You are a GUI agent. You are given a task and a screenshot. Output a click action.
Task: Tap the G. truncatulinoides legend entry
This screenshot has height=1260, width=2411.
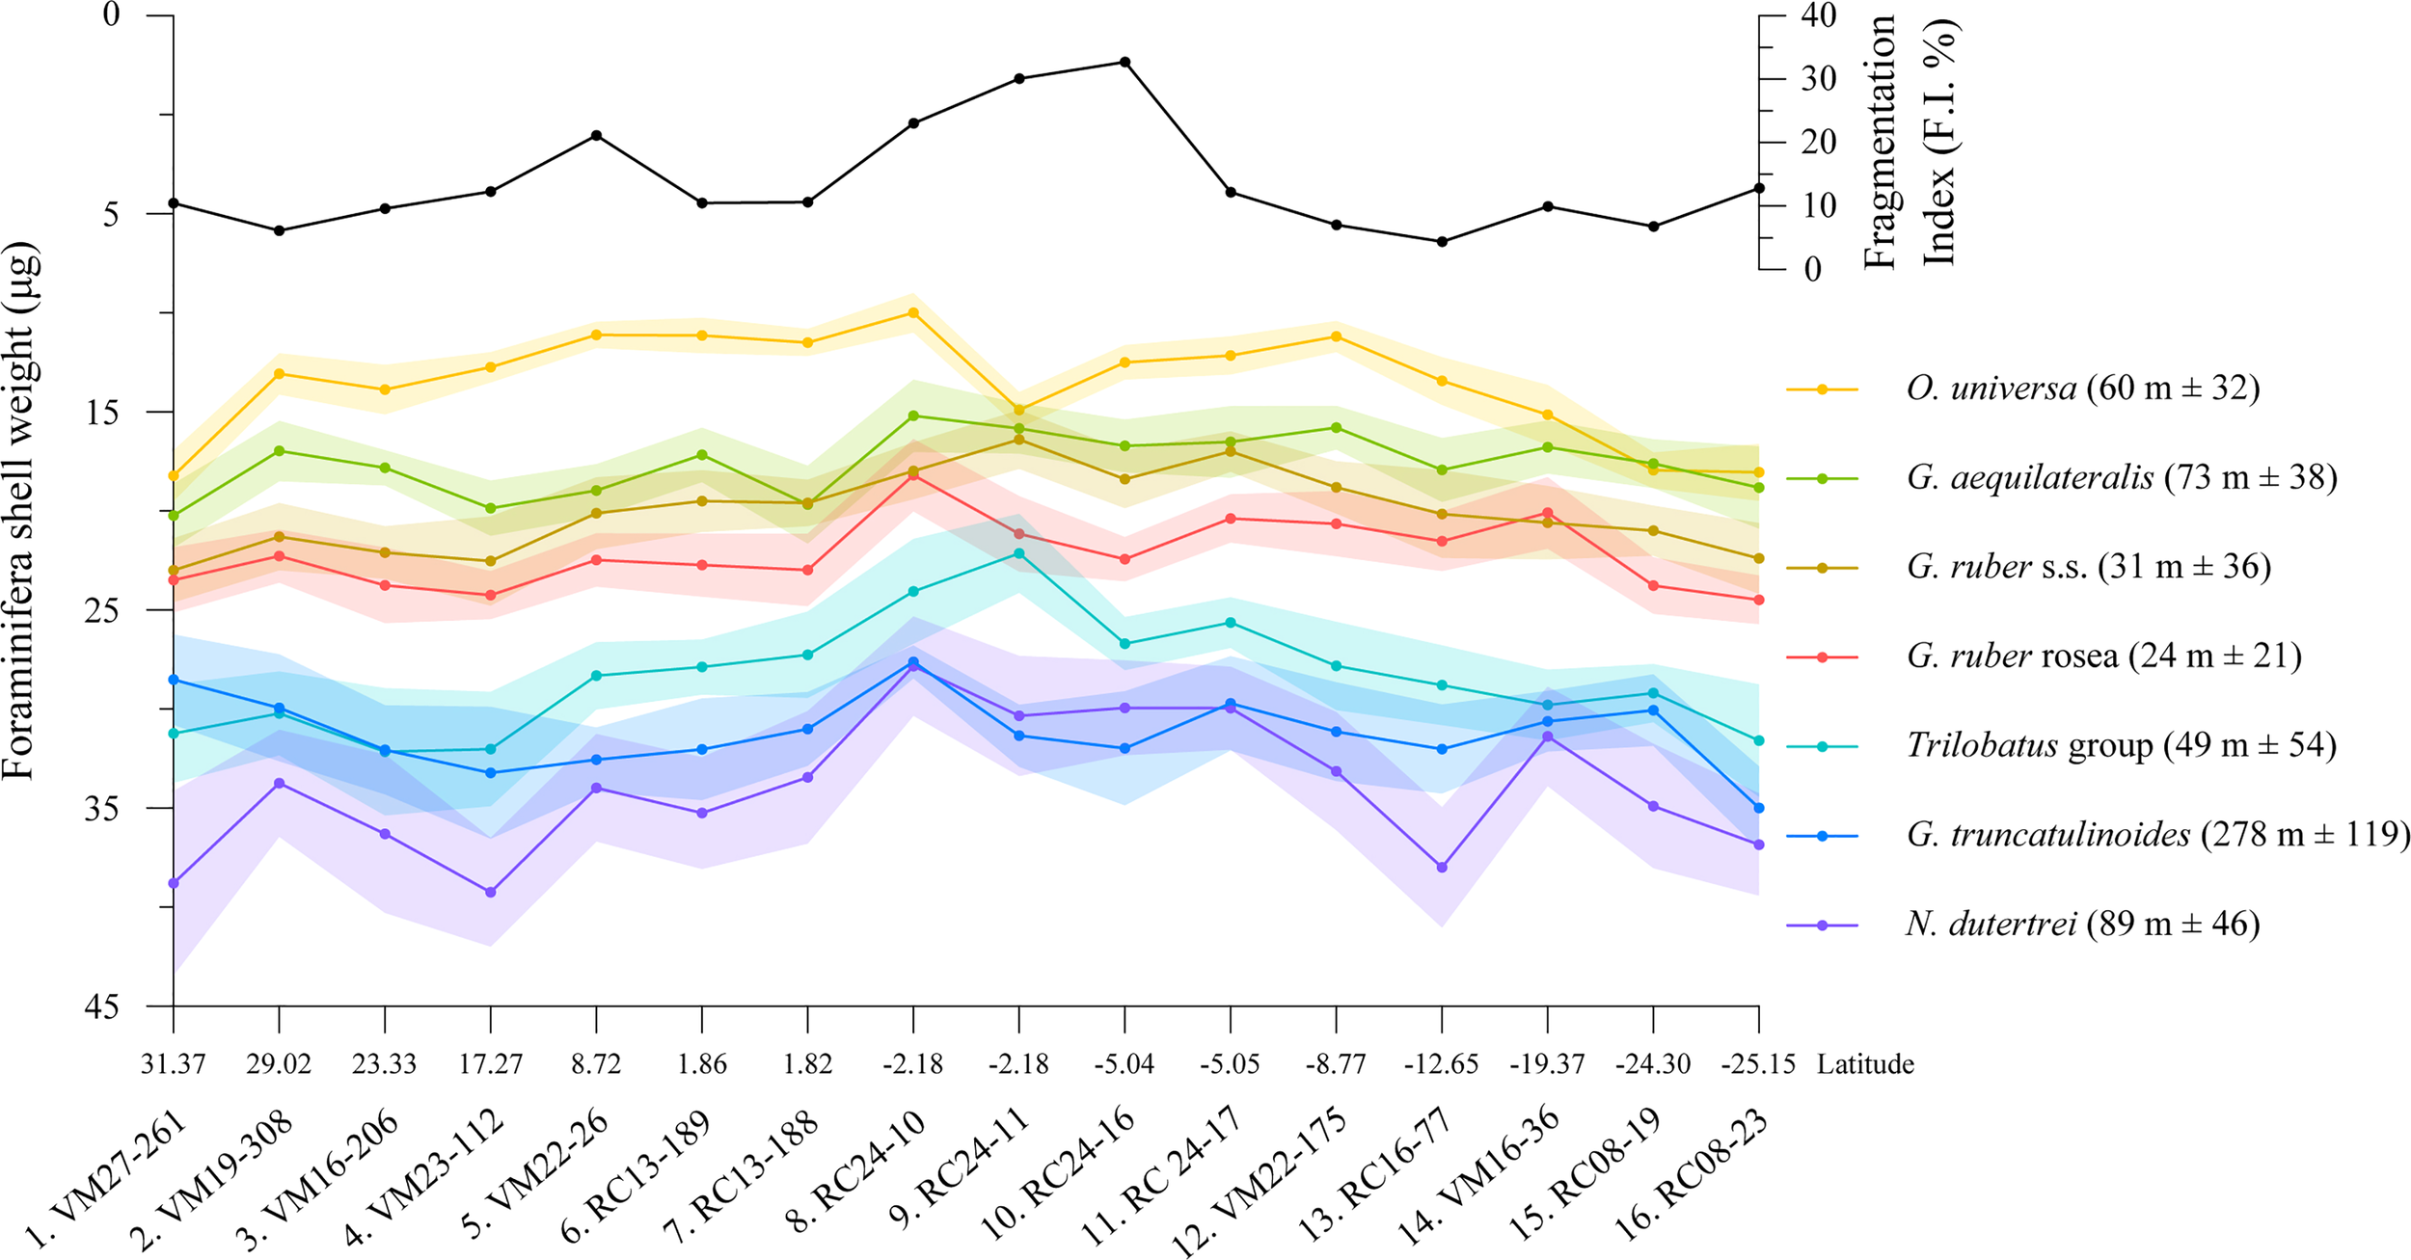[x=2158, y=835]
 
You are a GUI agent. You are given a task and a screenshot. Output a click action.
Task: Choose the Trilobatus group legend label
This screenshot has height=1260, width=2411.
[x=2122, y=745]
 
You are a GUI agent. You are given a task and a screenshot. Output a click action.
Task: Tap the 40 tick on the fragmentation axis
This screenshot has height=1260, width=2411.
[x=1818, y=16]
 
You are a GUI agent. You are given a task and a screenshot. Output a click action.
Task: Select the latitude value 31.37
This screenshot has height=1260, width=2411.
[x=174, y=1065]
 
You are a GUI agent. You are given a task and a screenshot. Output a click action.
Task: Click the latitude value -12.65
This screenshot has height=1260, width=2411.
[x=1442, y=1065]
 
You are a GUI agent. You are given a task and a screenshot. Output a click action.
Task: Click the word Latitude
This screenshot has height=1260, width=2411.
[x=1865, y=1065]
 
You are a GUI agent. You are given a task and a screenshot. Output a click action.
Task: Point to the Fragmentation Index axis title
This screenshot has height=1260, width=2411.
[x=1910, y=142]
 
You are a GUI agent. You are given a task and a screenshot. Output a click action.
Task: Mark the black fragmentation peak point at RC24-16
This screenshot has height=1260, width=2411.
[x=1124, y=62]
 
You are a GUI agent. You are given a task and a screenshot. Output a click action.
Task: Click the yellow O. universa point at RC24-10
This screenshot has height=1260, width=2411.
[x=913, y=312]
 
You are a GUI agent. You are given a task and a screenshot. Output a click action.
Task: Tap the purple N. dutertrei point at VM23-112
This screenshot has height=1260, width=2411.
[x=491, y=893]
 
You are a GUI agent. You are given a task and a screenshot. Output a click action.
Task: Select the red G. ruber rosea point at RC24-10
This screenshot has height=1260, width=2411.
[x=913, y=475]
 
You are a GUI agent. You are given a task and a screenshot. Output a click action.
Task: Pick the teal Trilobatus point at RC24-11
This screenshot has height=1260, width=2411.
[x=1019, y=553]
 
